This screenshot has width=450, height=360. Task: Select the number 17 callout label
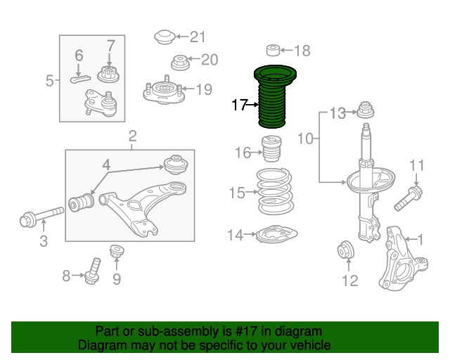pyautogui.click(x=239, y=105)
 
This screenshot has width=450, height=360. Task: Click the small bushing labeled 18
pyautogui.click(x=273, y=50)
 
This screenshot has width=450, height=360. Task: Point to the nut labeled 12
pyautogui.click(x=347, y=250)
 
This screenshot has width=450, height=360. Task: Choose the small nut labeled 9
pyautogui.click(x=117, y=251)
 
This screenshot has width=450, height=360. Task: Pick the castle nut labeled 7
pyautogui.click(x=108, y=72)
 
